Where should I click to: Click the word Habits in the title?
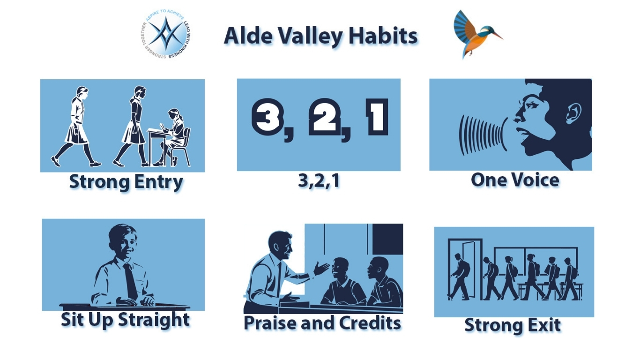click(383, 36)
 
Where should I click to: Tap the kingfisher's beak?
click(497, 36)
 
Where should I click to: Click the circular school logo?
click(166, 34)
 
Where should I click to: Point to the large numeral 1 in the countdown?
click(377, 117)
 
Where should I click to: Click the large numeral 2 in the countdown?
click(324, 117)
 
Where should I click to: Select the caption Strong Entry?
click(126, 182)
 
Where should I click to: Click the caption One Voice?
click(515, 180)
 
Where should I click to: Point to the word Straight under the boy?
click(154, 320)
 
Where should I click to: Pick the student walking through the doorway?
click(459, 277)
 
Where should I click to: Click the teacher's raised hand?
click(321, 269)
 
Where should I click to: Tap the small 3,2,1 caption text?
click(319, 181)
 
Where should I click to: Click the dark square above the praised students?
click(388, 239)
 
